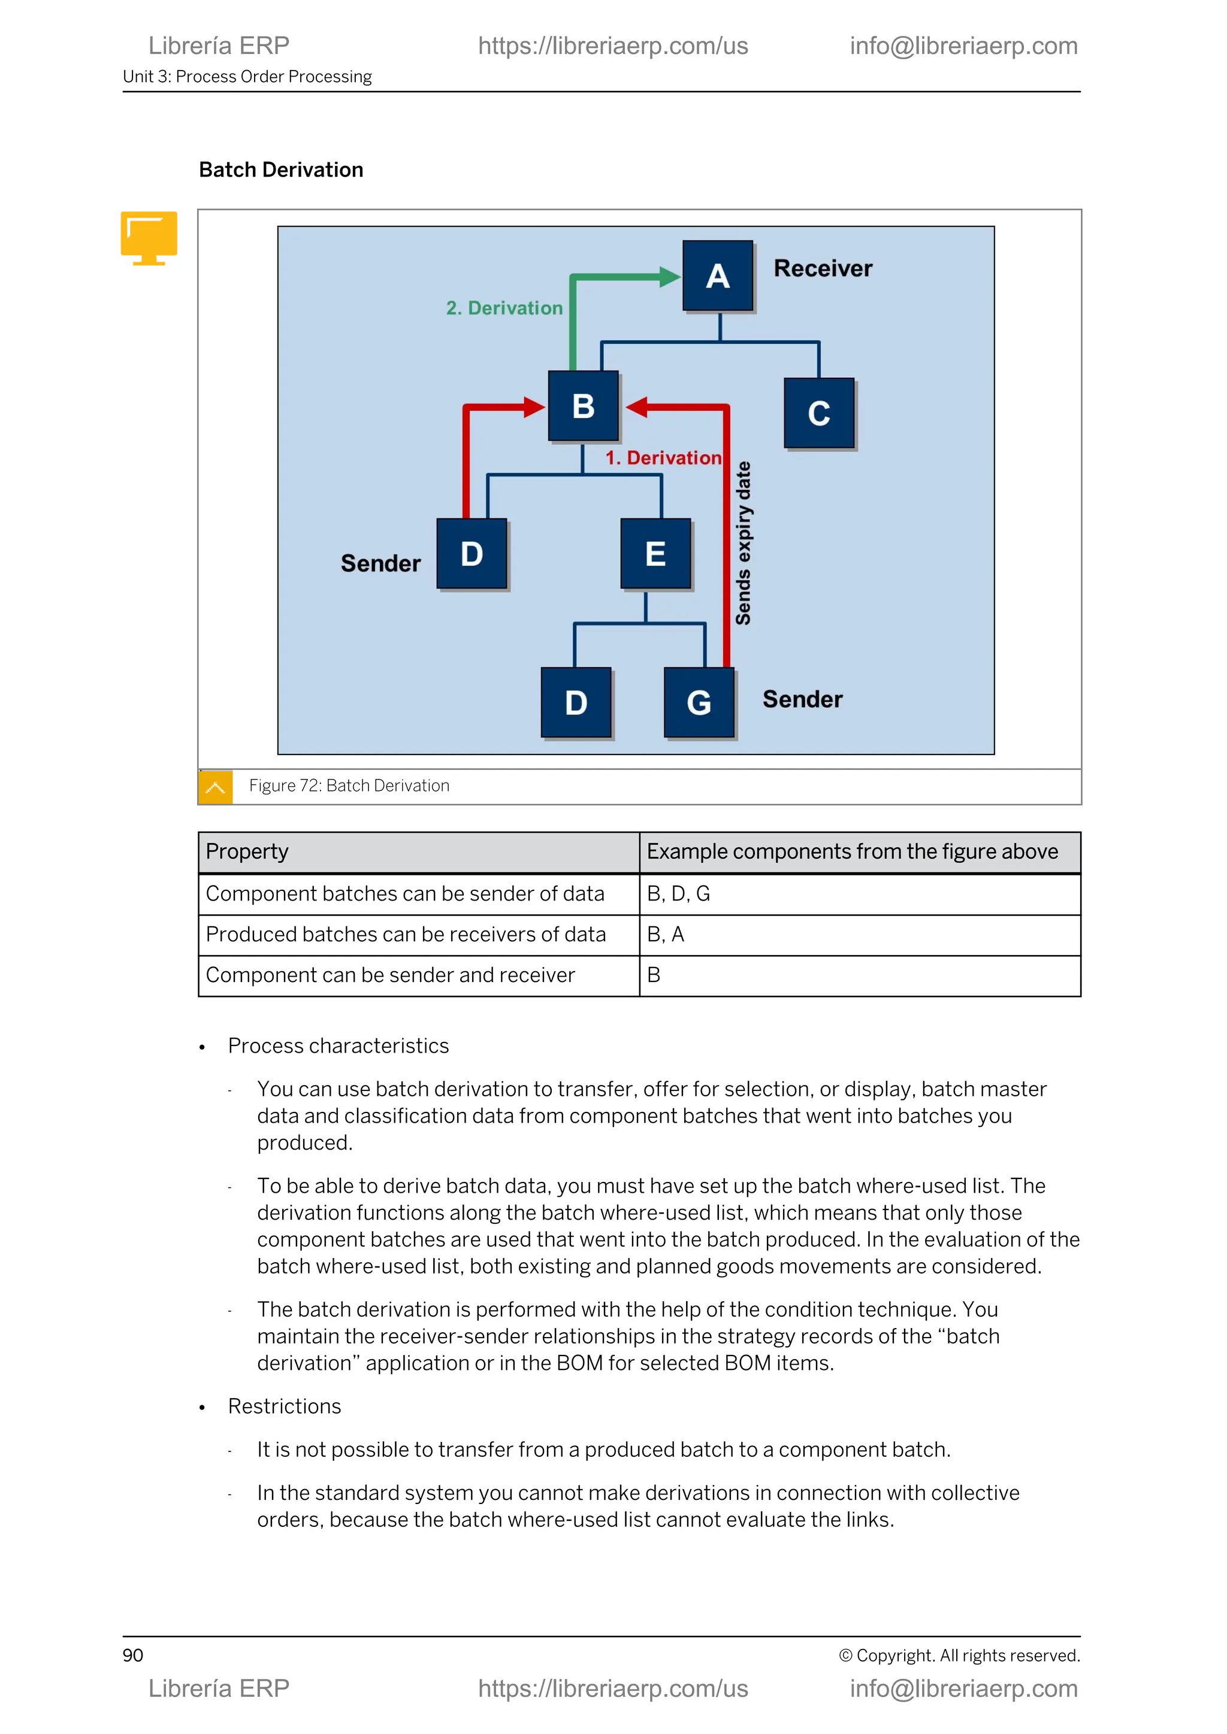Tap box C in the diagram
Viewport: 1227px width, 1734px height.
(818, 413)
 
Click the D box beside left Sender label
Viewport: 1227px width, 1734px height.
(472, 554)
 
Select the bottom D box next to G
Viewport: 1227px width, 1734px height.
(576, 702)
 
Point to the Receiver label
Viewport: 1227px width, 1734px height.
(822, 268)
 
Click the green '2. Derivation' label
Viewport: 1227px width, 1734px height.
(504, 308)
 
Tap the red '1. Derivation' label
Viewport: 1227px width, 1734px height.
(663, 457)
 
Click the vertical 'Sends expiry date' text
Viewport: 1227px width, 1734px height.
(744, 543)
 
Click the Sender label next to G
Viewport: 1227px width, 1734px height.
(802, 699)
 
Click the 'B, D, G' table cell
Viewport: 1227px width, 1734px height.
(678, 893)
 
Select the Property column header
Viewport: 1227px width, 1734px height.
(247, 852)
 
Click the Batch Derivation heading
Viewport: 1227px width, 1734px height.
(281, 170)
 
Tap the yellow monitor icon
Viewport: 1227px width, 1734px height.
(149, 238)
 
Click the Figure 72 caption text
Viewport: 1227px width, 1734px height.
(349, 786)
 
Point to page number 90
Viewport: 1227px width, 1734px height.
(133, 1656)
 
